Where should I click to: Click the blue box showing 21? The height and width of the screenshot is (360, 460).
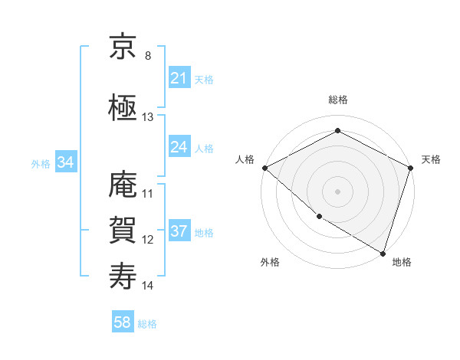coord(179,78)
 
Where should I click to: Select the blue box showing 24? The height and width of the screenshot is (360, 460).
coord(179,147)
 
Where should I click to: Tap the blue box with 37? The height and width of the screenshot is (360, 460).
coord(179,231)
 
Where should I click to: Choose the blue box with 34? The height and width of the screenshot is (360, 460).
coord(65,162)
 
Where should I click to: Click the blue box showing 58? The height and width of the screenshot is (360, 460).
coord(123,323)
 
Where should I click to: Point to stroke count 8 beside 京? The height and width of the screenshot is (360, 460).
coord(148,56)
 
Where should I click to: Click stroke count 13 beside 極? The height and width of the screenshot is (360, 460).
coord(148,117)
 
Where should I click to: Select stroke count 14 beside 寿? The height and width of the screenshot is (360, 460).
coord(148,286)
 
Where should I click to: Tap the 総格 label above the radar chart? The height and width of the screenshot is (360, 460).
coord(337,100)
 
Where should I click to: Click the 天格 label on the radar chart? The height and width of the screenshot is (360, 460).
coord(431,159)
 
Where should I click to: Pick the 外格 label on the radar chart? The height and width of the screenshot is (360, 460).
coord(270,262)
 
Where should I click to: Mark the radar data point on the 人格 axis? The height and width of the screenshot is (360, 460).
coord(264,168)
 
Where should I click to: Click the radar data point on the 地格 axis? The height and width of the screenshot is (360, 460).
coord(383,252)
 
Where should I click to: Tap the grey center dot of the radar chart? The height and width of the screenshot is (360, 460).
coord(337,191)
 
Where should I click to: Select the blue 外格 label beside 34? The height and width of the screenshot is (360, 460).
coord(41,163)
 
